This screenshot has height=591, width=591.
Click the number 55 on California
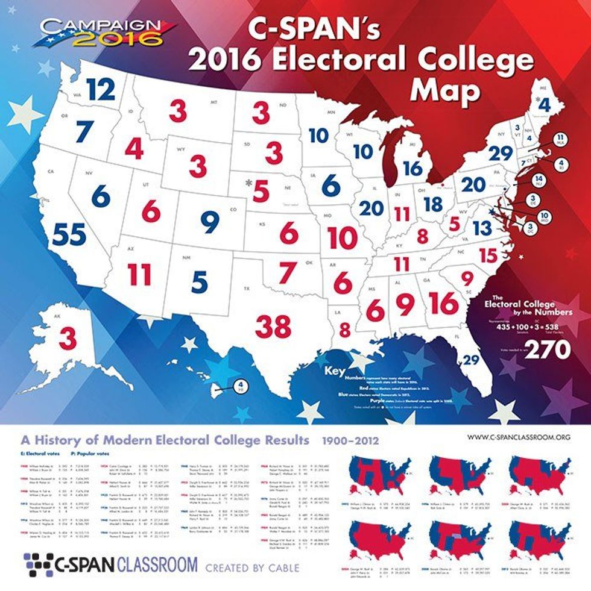point(68,234)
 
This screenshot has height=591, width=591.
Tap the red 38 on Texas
point(274,326)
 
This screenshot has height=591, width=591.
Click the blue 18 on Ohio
point(434,204)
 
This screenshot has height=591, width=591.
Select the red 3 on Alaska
point(68,337)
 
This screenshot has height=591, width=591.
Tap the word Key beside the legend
point(335,371)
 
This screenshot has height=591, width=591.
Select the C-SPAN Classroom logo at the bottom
point(109,564)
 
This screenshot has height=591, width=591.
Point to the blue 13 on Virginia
point(482,228)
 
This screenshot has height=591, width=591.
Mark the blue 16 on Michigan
point(414,168)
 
